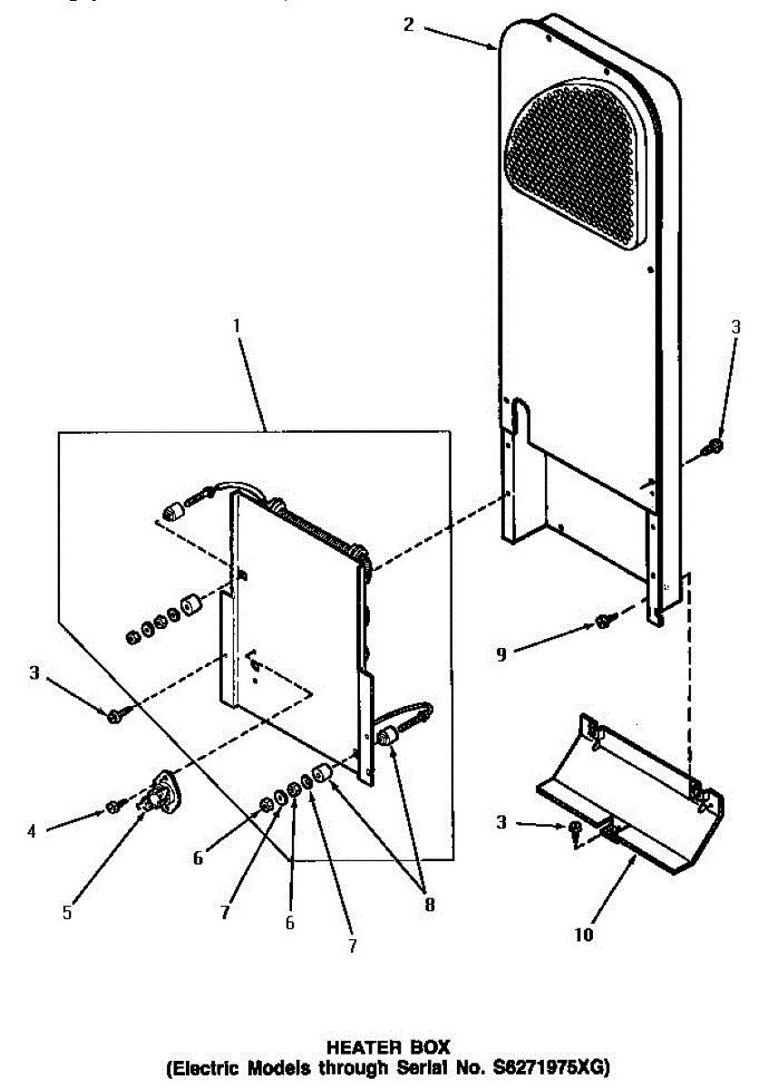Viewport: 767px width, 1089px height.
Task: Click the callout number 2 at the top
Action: (409, 25)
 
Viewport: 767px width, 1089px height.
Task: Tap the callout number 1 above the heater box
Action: (237, 326)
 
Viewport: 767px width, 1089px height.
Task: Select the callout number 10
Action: (584, 935)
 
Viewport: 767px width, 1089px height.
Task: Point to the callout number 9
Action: (501, 654)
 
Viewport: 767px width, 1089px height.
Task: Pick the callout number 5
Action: (67, 913)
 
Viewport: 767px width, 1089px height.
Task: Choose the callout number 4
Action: (32, 831)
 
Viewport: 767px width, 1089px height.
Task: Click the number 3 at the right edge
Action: (735, 327)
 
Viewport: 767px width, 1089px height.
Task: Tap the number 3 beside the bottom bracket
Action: (501, 822)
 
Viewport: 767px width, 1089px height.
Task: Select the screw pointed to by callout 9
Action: (606, 620)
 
